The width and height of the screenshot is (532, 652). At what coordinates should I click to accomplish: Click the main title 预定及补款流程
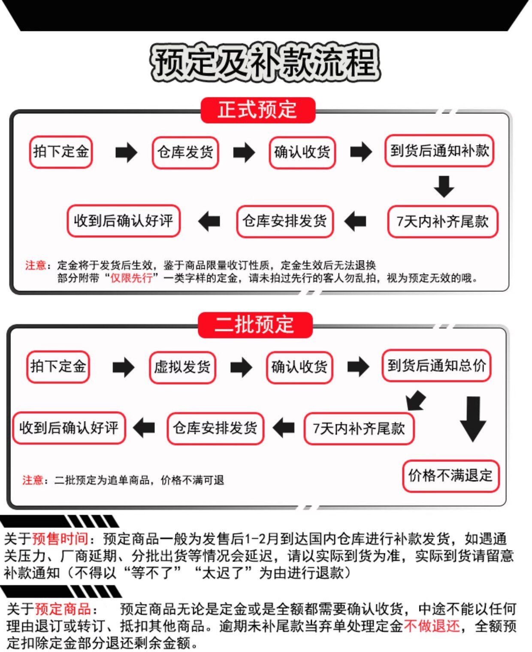tap(265, 62)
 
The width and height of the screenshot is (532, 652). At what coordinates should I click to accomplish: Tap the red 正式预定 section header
tap(257, 110)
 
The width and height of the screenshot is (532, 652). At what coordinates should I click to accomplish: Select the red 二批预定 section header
tap(255, 324)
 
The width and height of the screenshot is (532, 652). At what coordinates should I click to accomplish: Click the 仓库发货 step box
tap(185, 152)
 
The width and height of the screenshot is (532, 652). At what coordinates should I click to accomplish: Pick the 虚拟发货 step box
tap(182, 367)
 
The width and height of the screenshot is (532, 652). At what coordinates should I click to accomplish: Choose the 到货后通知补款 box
tap(439, 151)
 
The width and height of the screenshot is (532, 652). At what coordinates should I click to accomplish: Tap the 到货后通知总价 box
tap(436, 366)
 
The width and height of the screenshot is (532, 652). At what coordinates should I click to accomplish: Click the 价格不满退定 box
tap(450, 476)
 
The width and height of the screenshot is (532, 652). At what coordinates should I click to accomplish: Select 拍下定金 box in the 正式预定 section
tap(61, 152)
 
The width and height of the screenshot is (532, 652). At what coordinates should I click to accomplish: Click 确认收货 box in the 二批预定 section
tap(299, 367)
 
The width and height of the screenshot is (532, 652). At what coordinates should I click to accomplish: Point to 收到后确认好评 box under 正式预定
tap(124, 221)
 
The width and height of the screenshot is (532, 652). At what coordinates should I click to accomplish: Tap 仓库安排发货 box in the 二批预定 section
tap(215, 428)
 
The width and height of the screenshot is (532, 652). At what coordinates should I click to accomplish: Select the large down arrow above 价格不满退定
tap(473, 418)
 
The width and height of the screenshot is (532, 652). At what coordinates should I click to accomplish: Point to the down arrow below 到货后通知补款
tap(444, 186)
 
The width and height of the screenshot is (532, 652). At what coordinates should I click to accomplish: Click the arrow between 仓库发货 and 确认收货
tap(244, 152)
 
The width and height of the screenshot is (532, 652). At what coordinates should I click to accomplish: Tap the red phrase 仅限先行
tap(132, 278)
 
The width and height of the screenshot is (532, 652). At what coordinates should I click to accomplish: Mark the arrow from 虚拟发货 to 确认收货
tap(241, 367)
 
